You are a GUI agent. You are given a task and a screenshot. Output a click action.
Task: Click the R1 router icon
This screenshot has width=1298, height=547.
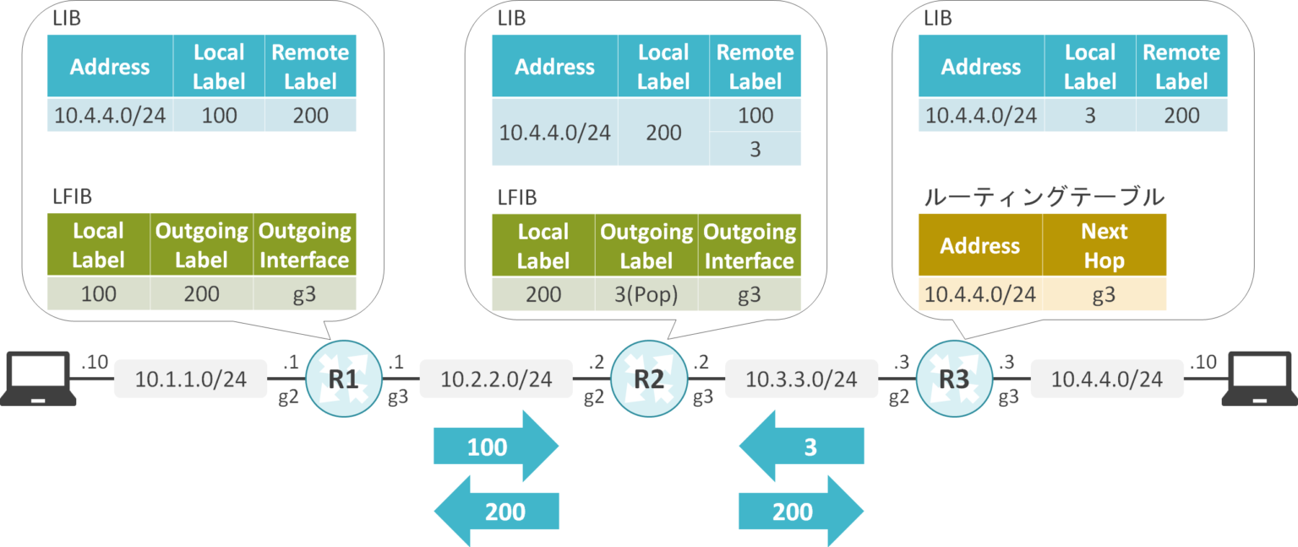click(x=343, y=380)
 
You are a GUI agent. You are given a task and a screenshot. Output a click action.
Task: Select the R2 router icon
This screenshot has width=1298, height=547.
click(x=648, y=380)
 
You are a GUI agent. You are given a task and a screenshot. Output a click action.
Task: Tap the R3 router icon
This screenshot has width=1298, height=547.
click(x=954, y=380)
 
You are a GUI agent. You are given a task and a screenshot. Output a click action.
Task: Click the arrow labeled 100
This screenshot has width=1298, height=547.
click(x=495, y=446)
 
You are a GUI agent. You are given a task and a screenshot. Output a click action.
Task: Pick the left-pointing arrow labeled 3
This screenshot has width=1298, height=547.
click(x=802, y=446)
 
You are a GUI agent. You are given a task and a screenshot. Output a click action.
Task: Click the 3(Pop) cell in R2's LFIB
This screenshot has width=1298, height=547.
click(x=646, y=294)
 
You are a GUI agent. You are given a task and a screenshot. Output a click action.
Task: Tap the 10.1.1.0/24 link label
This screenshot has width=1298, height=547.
click(x=191, y=380)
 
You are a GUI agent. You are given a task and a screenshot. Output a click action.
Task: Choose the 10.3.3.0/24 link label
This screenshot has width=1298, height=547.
click(x=802, y=380)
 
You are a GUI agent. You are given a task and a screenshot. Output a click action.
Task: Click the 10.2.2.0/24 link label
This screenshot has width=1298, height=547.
click(x=496, y=380)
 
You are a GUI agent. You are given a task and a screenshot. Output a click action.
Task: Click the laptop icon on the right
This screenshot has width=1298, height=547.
click(x=1261, y=380)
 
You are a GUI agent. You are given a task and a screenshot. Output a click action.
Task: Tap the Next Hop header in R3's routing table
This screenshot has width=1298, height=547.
click(x=1104, y=245)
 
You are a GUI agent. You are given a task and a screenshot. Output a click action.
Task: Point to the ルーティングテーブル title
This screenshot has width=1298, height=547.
click(x=1044, y=197)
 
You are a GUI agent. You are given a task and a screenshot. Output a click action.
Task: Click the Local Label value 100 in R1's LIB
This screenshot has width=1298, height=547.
click(x=219, y=115)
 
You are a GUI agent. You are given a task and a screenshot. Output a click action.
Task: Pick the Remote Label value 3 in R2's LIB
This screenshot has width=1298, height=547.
click(x=755, y=149)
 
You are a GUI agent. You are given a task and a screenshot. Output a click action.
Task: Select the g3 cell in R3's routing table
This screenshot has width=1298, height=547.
click(x=1104, y=294)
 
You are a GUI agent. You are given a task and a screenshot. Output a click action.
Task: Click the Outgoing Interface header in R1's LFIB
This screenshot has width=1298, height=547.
click(x=304, y=245)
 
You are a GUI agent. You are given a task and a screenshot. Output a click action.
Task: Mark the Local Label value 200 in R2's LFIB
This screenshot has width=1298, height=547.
click(x=543, y=294)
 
